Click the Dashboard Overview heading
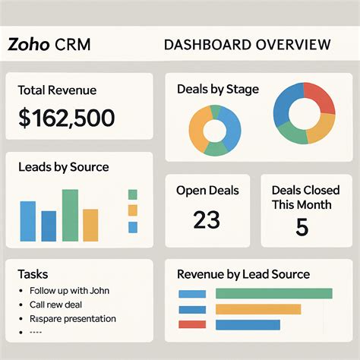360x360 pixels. pos(247,44)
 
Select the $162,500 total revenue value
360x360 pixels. pos(67,118)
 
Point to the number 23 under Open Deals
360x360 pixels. pos(206,220)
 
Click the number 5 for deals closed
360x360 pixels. pos(302,227)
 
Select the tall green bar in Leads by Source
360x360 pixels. pos(70,215)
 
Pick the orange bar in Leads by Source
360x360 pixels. pos(90,224)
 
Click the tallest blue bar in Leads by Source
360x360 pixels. pos(28,221)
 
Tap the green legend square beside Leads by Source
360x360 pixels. pos(133,194)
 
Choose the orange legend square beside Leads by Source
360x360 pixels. pos(133,210)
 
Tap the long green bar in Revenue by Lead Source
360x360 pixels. pos(274,293)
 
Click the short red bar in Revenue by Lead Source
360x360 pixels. pos(192,324)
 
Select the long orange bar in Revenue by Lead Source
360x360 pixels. pos(258,309)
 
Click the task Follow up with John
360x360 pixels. pos(65,290)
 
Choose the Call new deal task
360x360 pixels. pos(56,305)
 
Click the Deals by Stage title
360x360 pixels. pos(217,89)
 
